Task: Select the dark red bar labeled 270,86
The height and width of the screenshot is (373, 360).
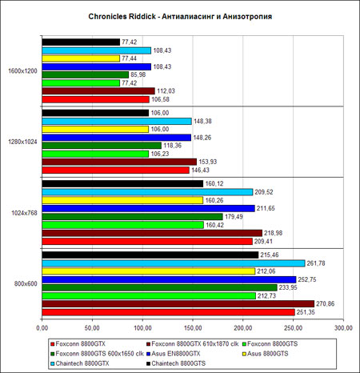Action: (178, 304)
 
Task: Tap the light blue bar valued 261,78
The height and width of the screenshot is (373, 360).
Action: (174, 263)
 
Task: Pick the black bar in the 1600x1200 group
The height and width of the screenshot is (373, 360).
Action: (81, 42)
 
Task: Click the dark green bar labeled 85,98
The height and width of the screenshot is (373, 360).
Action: (86, 74)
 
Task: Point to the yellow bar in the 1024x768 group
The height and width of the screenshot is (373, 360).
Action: (122, 200)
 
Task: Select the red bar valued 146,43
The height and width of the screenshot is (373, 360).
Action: (116, 170)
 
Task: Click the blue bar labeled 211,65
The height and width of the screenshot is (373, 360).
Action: (149, 208)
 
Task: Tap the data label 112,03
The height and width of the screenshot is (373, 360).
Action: (166, 91)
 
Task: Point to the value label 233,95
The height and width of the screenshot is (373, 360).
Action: (288, 287)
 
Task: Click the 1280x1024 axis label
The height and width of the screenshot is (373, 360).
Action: (22, 142)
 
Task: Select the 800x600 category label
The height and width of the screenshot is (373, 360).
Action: (26, 284)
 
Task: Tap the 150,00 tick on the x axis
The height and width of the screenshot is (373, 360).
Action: (193, 328)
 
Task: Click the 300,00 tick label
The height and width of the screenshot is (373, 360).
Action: (343, 328)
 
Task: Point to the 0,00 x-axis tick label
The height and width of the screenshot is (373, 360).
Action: (42, 328)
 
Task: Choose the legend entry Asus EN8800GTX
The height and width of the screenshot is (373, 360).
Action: (174, 354)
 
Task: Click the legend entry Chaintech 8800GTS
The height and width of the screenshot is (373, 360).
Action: (176, 363)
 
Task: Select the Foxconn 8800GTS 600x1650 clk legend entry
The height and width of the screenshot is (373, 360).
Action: (97, 354)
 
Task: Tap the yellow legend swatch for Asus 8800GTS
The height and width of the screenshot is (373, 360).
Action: (244, 354)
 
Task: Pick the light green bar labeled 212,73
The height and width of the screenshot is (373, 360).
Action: (149, 296)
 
